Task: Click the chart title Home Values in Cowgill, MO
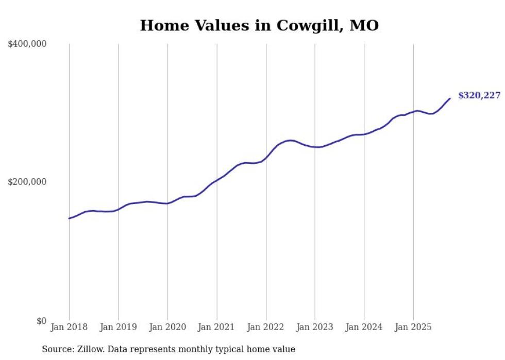tap(259, 25)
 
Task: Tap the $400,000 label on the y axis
tap(27, 44)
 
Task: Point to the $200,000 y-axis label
tap(27, 182)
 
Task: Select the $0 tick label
tap(41, 321)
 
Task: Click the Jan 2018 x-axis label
tap(69, 327)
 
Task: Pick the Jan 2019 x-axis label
tap(118, 327)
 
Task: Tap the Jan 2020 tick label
tap(167, 327)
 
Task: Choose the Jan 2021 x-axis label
tap(216, 327)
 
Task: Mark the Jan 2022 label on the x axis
tap(266, 327)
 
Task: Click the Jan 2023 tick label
tap(315, 327)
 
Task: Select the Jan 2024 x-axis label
tap(364, 327)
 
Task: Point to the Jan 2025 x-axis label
tap(413, 327)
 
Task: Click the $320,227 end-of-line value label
tap(479, 95)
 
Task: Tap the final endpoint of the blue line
tap(450, 98)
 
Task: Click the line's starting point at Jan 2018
tap(69, 218)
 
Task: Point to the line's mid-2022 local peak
tap(291, 140)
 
